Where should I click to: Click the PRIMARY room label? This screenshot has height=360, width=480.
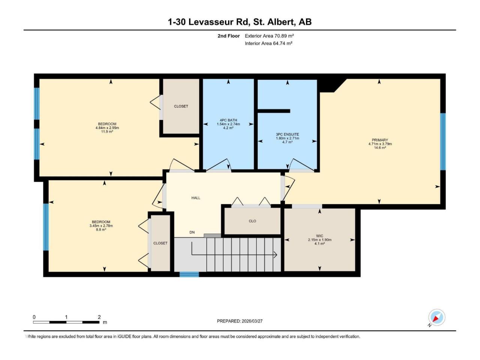point(380,140)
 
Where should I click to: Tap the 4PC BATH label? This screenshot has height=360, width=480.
point(228,120)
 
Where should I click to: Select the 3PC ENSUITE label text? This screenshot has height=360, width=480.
point(287,134)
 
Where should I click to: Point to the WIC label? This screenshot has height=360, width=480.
point(319,236)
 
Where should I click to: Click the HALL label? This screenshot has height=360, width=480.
point(196,198)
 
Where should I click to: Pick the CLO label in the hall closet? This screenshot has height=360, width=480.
point(252,221)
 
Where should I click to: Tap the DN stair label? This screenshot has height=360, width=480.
point(192,232)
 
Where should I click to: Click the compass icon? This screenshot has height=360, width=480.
point(437,317)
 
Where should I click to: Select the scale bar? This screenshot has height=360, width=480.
point(66,322)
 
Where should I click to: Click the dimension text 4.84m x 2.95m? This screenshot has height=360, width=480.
point(107,128)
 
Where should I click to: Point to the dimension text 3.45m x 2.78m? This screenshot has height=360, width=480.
point(101,226)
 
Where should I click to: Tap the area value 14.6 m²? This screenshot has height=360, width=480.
point(380,148)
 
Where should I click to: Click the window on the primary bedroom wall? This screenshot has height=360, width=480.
point(442,141)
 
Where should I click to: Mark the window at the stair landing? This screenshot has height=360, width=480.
point(189,274)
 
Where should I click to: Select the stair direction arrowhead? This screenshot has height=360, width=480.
point(276,255)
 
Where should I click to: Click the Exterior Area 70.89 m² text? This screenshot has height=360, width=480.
point(269,36)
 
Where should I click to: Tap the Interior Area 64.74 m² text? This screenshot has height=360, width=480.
point(268,43)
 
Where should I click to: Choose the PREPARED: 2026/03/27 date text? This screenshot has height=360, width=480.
point(240,321)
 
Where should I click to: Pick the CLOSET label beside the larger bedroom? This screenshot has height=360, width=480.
point(181,106)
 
